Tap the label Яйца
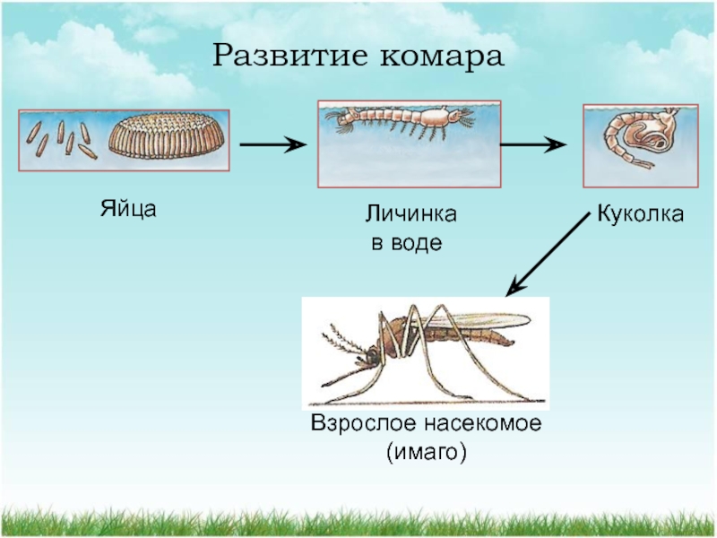(127, 210)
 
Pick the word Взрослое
(357, 424)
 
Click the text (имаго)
(426, 453)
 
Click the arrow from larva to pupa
(532, 144)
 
